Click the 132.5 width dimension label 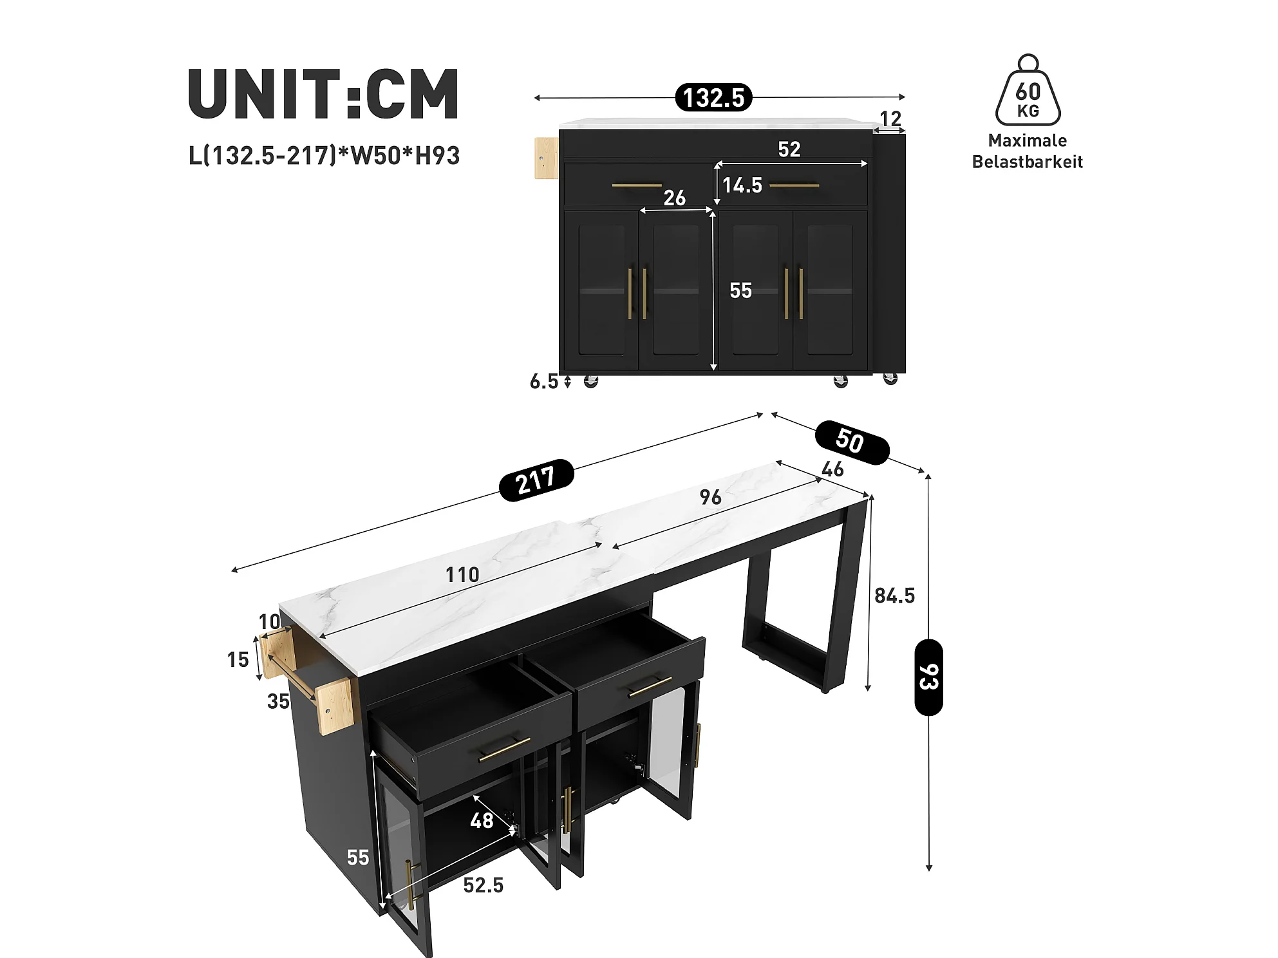[x=713, y=98]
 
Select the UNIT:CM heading [x=323, y=94]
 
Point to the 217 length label [x=536, y=480]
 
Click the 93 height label [x=928, y=677]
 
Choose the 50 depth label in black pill [x=852, y=442]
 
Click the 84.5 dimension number [x=894, y=596]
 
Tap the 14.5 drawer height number [x=742, y=185]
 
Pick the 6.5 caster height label [x=544, y=382]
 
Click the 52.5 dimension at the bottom [x=484, y=885]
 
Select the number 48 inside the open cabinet [x=482, y=821]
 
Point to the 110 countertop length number [x=462, y=574]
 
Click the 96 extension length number [x=710, y=497]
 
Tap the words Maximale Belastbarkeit [x=1028, y=151]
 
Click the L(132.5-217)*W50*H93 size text [x=324, y=156]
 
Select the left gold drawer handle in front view [x=637, y=185]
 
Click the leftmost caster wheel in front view [x=591, y=381]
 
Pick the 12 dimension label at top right [x=890, y=118]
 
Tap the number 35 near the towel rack [x=278, y=701]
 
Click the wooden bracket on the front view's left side [x=547, y=158]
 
